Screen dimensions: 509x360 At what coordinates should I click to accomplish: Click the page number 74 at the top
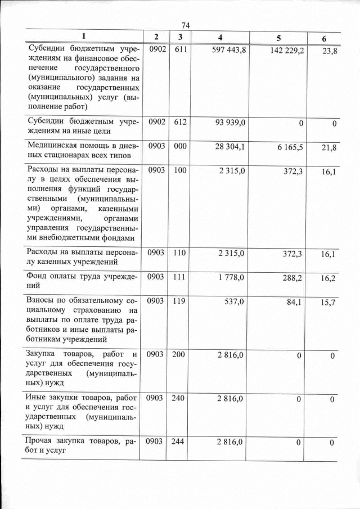[187, 25]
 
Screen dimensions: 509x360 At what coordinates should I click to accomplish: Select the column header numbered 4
[220, 37]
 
